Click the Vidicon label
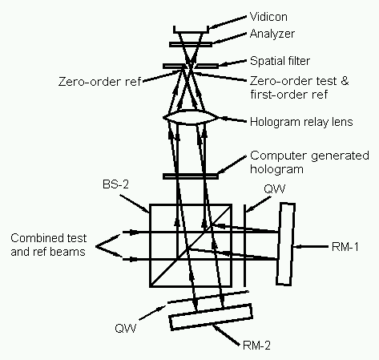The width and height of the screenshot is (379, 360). (268, 17)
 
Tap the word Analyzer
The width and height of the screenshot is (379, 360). (272, 34)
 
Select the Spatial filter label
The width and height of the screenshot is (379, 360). (280, 61)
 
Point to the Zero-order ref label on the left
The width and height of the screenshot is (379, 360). (99, 81)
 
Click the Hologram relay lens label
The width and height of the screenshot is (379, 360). (301, 122)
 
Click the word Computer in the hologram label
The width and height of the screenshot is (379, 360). (280, 156)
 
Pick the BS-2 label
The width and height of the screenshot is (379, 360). (115, 184)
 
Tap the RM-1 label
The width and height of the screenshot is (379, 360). (345, 247)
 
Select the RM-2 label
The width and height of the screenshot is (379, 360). (256, 346)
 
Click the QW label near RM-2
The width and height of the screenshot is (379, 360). (126, 328)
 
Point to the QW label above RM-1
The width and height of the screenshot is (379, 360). (275, 188)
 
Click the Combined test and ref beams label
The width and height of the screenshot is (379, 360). (48, 245)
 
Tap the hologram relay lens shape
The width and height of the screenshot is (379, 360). (191, 118)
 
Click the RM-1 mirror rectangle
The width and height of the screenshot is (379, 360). (285, 245)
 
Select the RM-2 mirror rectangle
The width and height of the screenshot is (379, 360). (211, 317)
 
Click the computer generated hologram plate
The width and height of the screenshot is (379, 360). (191, 176)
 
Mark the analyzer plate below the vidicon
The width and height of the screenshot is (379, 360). (191, 44)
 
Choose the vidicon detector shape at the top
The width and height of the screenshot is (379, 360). (191, 30)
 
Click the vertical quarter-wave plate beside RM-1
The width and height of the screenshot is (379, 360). (244, 245)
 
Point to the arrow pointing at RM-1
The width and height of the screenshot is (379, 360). (311, 247)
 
